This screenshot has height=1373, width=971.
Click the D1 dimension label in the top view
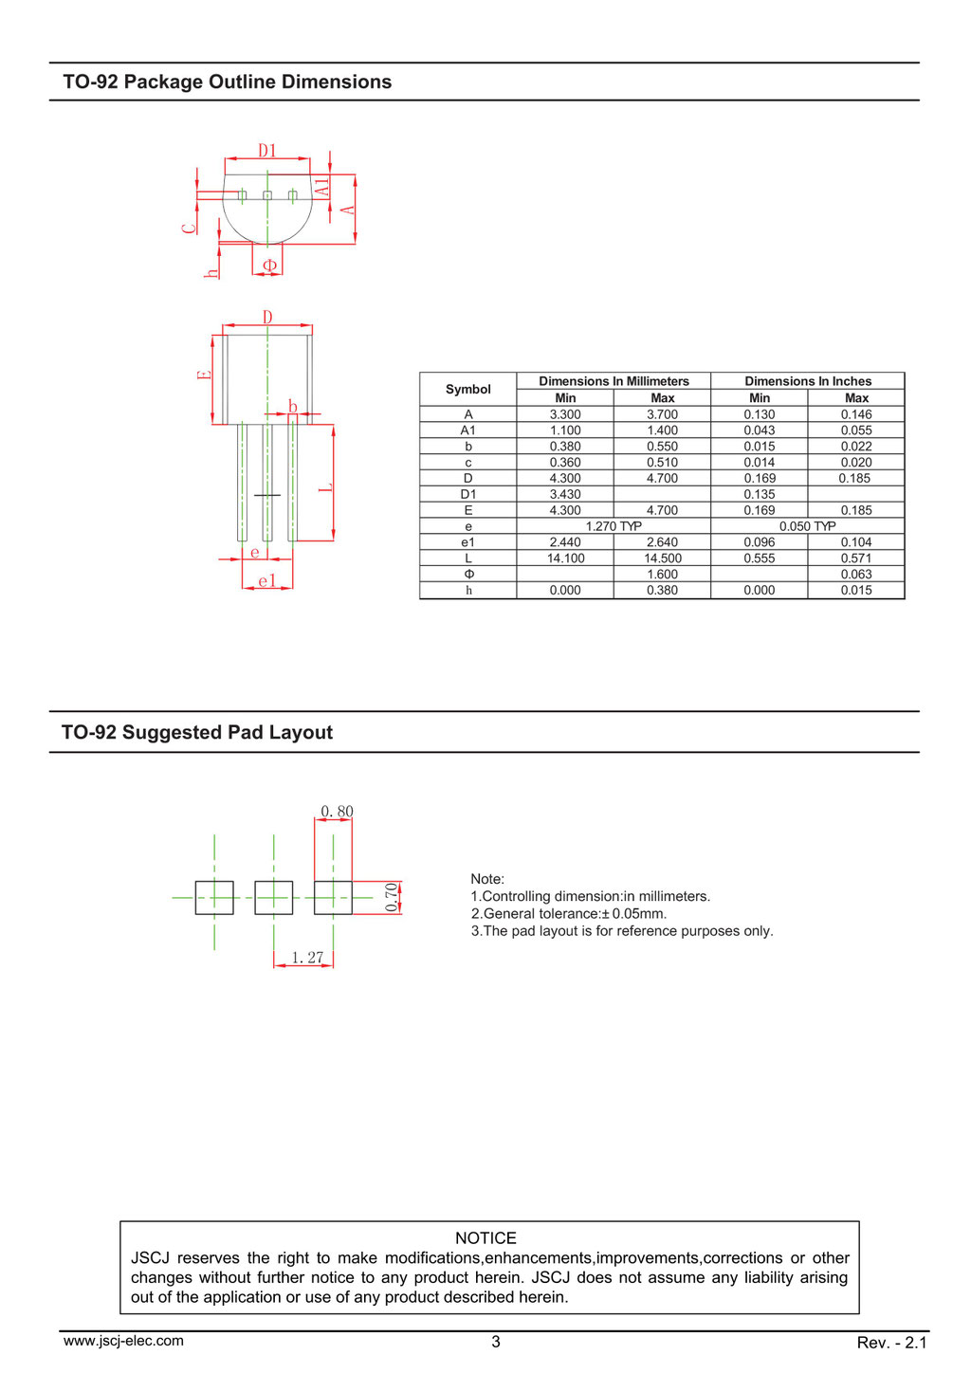pyautogui.click(x=267, y=150)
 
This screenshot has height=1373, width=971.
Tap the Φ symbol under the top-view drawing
pyautogui.click(x=269, y=265)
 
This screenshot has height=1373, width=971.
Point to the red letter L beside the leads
pyautogui.click(x=325, y=487)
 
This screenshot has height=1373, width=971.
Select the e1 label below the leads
pyautogui.click(x=267, y=580)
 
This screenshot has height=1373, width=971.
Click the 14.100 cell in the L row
pyautogui.click(x=565, y=558)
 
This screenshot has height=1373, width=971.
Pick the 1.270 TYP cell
pyautogui.click(x=614, y=526)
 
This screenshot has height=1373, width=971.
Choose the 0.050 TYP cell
pyautogui.click(x=807, y=526)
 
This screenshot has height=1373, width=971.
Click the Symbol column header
pyautogui.click(x=467, y=389)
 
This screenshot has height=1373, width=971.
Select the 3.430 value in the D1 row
pyautogui.click(x=565, y=495)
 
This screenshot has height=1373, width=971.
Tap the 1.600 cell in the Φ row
pyautogui.click(x=662, y=575)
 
